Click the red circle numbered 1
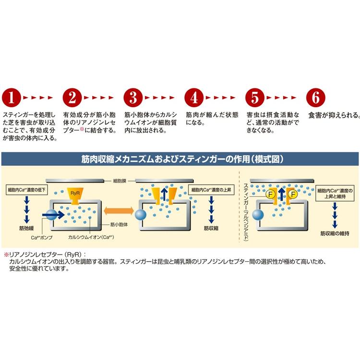click(x=12, y=97)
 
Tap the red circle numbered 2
click(x=72, y=97)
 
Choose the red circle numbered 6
click(x=315, y=97)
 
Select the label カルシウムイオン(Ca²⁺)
click(x=90, y=237)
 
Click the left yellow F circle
click(x=270, y=195)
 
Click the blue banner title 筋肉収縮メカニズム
click(x=180, y=159)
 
